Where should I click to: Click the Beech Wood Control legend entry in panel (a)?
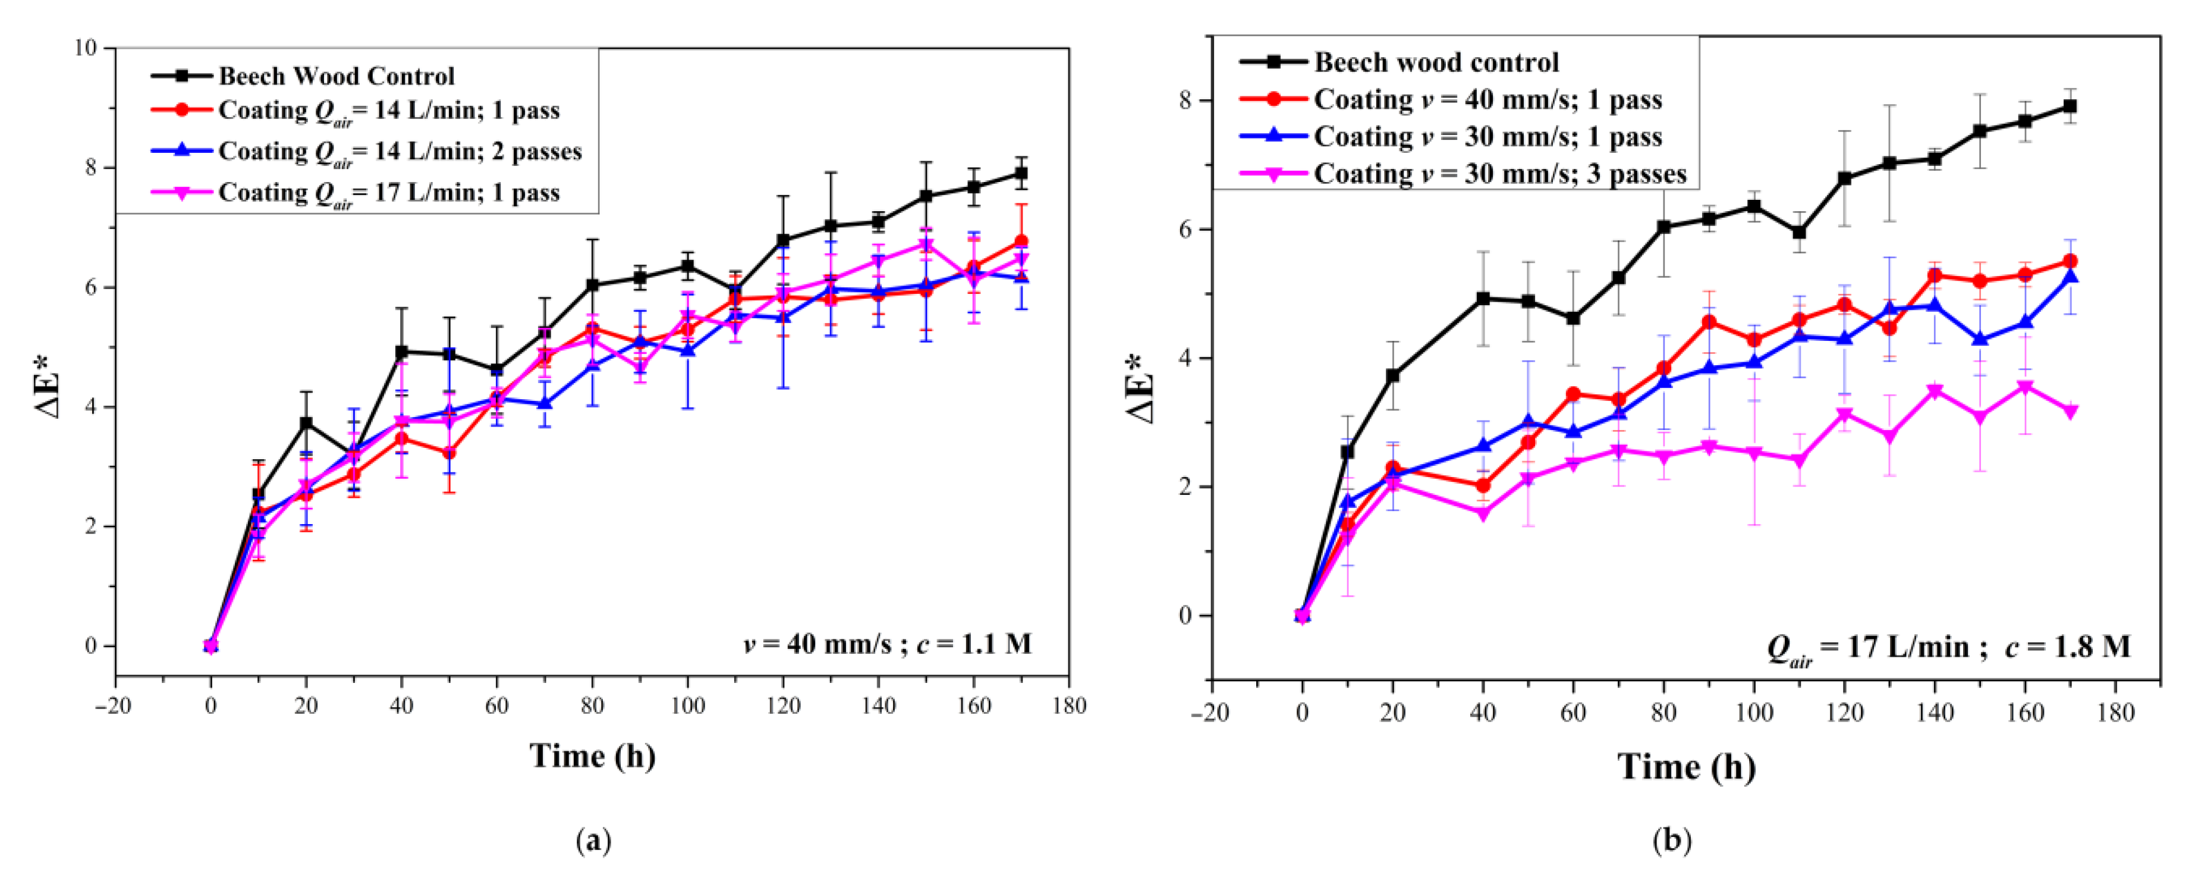(x=336, y=76)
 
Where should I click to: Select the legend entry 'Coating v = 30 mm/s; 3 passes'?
(x=1499, y=174)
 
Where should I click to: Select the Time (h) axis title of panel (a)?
(x=592, y=756)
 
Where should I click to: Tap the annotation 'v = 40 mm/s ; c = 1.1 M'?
(x=887, y=644)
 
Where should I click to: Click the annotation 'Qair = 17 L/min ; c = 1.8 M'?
(x=1947, y=648)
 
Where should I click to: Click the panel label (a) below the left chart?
(x=594, y=841)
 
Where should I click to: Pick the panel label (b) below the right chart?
(x=1672, y=841)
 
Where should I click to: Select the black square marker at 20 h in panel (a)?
(x=306, y=423)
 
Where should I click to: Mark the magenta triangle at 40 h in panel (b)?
(x=1483, y=514)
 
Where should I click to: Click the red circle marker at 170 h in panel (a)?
(x=1021, y=242)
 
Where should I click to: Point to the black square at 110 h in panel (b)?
(x=1799, y=232)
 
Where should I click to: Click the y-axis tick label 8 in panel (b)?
(x=1187, y=101)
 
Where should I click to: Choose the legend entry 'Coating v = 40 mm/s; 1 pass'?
(x=1487, y=100)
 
